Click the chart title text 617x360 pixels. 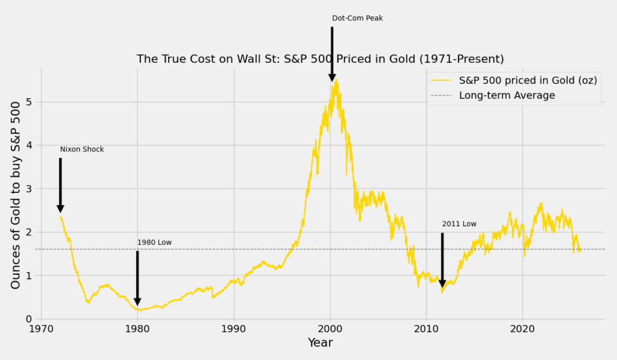320,59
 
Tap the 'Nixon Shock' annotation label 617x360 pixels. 82,150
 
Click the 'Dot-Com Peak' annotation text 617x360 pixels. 357,18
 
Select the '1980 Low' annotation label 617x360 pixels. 154,242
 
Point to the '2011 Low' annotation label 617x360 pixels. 459,224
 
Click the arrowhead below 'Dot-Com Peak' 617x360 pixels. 332,77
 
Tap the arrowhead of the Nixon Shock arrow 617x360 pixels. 60,208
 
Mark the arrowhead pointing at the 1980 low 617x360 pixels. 137,301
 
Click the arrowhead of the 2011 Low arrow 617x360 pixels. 442,283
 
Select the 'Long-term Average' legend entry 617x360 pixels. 507,95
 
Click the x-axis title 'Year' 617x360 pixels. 320,343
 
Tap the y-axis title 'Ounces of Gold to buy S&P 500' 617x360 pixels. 17,194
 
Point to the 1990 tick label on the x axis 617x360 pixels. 234,329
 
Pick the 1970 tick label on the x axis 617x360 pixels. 41,329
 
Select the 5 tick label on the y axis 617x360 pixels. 28,102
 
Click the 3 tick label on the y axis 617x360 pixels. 28,189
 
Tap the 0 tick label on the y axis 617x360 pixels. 28,319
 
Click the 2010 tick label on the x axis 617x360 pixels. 426,329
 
